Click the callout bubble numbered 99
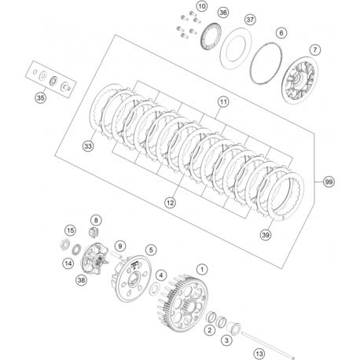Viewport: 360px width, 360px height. coord(329,182)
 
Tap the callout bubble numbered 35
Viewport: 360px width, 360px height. coord(40,98)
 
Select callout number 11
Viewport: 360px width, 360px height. coord(223,101)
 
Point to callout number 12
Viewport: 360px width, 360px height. coord(171,202)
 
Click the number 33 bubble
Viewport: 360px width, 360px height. coord(88,146)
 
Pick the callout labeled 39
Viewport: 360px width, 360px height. coord(266,234)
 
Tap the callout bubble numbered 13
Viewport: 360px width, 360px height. coord(259,354)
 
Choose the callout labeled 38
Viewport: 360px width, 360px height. coord(81,280)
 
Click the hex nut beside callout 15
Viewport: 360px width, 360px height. coord(64,244)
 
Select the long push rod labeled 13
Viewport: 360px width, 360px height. coord(268,345)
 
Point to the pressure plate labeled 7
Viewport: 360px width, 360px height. coord(301,80)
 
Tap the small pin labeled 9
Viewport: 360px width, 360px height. coord(116,254)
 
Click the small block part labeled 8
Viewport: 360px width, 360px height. coord(94,233)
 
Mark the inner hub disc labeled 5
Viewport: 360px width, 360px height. coord(133,278)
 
